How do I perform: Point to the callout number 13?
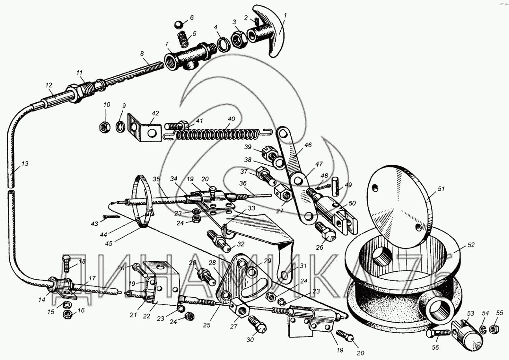(25, 163)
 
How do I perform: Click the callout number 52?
(472, 245)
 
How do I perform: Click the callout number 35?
(157, 180)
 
